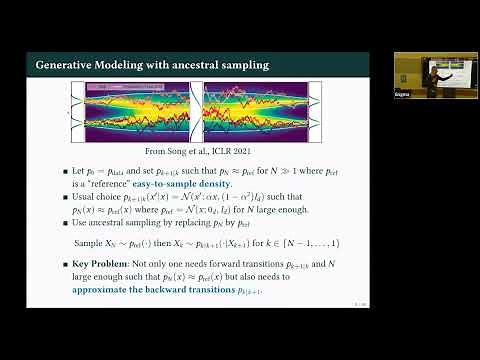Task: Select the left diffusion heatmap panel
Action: tap(136, 110)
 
